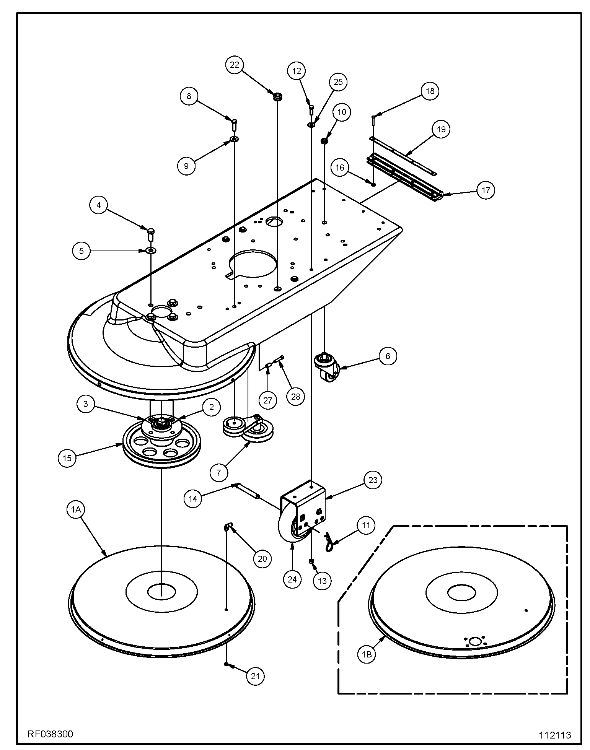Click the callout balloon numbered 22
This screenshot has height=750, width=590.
tap(234, 65)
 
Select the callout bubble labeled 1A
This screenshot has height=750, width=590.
tap(75, 509)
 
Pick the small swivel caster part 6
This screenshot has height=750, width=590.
tap(326, 368)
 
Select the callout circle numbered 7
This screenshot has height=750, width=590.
tap(218, 472)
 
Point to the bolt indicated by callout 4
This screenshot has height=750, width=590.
tap(151, 233)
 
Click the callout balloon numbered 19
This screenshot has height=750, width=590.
tap(441, 129)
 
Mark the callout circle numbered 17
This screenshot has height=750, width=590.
tap(486, 190)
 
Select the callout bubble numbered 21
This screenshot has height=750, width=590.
tap(255, 676)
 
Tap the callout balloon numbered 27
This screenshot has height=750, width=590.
tap(267, 400)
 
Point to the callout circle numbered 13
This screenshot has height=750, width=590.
tap(322, 581)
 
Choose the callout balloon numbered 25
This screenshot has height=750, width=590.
tap(338, 82)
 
